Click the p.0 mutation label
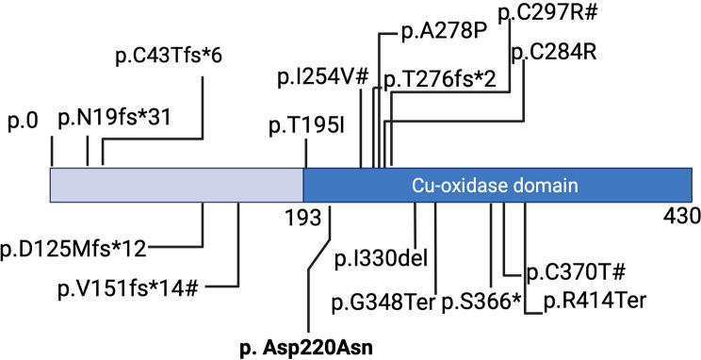pyautogui.click(x=23, y=121)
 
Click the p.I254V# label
pyautogui.click(x=322, y=78)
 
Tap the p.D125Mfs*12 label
pyautogui.click(x=73, y=249)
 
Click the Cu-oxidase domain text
pyautogui.click(x=494, y=184)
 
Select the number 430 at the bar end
pyautogui.click(x=680, y=217)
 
